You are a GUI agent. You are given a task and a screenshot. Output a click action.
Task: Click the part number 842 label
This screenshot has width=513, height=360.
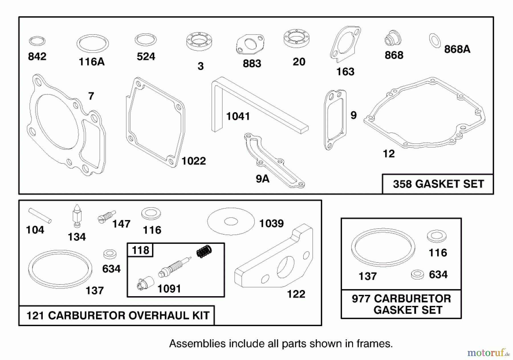[x=37, y=56]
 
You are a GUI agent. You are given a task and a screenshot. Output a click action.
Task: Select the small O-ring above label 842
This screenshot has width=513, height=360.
[x=37, y=41]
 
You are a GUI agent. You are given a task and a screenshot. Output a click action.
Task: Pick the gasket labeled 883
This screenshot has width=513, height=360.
[x=250, y=44]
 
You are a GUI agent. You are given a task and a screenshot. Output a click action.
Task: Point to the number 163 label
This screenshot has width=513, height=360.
[x=345, y=71]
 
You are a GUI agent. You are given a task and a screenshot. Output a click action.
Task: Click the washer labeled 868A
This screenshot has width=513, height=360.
[x=435, y=41]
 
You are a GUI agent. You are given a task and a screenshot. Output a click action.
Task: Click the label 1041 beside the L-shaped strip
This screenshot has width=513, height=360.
[x=238, y=116]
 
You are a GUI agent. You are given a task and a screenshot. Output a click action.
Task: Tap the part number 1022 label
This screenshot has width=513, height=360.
[x=194, y=161]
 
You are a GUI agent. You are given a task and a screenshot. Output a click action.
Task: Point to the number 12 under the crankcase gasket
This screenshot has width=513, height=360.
[x=388, y=154]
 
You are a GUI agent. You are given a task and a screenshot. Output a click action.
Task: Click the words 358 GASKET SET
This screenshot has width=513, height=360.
[x=438, y=184]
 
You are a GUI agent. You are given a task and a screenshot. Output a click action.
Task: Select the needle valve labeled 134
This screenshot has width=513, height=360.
[x=77, y=216]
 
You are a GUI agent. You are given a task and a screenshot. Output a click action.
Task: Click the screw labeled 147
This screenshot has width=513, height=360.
[x=106, y=217]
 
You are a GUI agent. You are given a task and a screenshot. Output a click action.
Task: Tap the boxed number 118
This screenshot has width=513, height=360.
[x=141, y=250]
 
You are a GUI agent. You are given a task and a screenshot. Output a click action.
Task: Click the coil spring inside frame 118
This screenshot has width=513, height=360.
[x=204, y=251]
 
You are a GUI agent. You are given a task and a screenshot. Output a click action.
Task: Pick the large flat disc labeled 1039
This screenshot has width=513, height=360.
[x=231, y=221]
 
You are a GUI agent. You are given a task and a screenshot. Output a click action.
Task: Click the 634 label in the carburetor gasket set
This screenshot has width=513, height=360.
[x=438, y=275]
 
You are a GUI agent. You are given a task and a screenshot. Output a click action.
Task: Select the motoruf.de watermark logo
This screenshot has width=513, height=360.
[x=488, y=353]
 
